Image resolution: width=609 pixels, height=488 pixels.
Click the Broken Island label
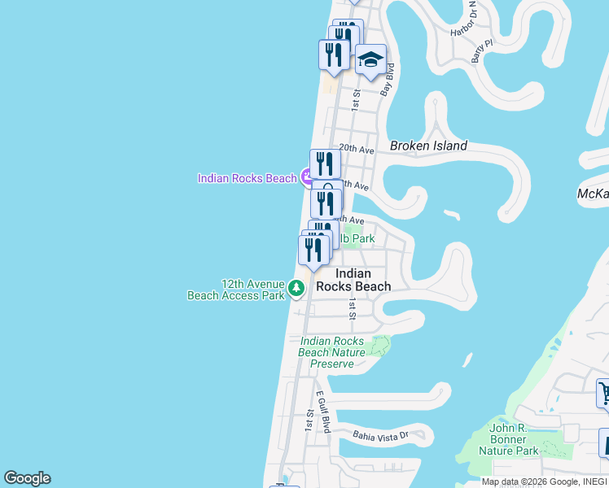coord(428,146)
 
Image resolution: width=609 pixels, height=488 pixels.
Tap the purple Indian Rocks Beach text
coord(247,178)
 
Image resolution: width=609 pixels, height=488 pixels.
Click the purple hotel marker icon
coord(307,176)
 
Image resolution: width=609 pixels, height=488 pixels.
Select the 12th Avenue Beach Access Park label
coord(236,290)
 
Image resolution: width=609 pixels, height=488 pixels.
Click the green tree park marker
coord(296,287)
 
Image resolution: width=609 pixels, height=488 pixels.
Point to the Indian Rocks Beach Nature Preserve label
coord(332,352)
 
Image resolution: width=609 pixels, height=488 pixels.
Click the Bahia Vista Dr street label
coord(379,436)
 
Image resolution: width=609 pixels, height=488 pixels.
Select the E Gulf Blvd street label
coord(323,414)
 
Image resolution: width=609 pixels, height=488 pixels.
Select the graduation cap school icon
coord(370,59)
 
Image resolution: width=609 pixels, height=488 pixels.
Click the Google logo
coord(27,478)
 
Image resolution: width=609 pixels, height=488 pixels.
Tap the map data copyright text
coord(544,481)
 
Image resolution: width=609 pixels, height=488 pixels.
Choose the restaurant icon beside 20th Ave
coord(325,163)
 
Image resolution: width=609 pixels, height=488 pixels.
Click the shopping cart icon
coord(603,394)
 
